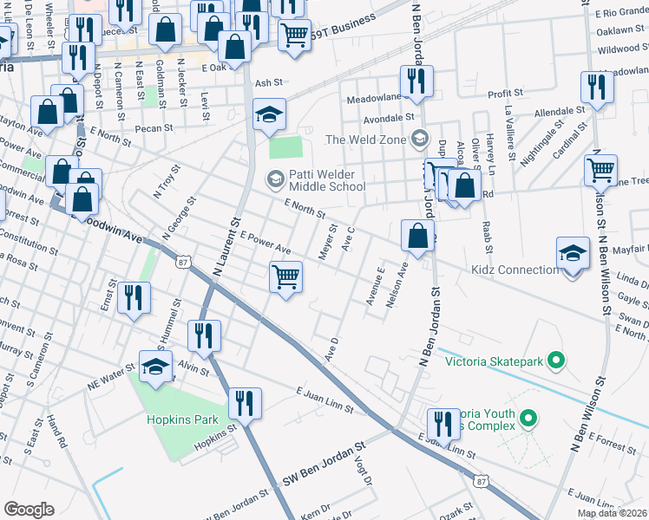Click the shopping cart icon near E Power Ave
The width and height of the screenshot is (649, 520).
click(285, 278)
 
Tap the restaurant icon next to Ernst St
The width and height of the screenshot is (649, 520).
click(133, 297)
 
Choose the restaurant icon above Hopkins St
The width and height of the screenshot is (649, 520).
click(245, 403)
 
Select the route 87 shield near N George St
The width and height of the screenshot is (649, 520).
click(182, 262)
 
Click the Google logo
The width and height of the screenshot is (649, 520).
click(29, 509)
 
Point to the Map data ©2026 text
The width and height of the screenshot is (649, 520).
click(612, 513)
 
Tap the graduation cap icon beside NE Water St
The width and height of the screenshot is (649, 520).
click(156, 367)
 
